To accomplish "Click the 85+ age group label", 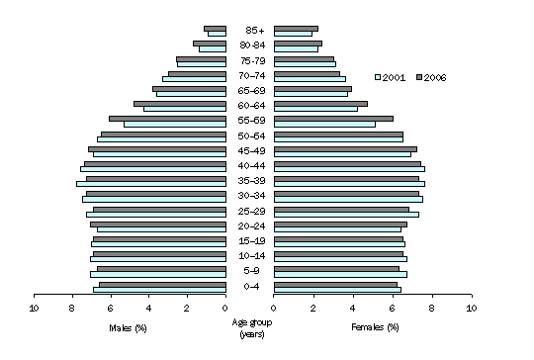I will point(249,31).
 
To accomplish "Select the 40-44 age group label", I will point(249,166).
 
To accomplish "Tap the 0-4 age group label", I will point(249,287).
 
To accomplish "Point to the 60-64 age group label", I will point(249,106).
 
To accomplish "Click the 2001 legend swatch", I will point(379,76).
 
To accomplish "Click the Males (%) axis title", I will point(130,326).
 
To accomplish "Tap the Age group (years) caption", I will point(249,327).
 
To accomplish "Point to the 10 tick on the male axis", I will point(34,308).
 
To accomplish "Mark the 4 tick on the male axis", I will point(148,308).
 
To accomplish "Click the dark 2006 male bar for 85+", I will point(215,28).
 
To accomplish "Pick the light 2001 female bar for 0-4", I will point(337,290).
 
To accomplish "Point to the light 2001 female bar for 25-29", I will point(346,215).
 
